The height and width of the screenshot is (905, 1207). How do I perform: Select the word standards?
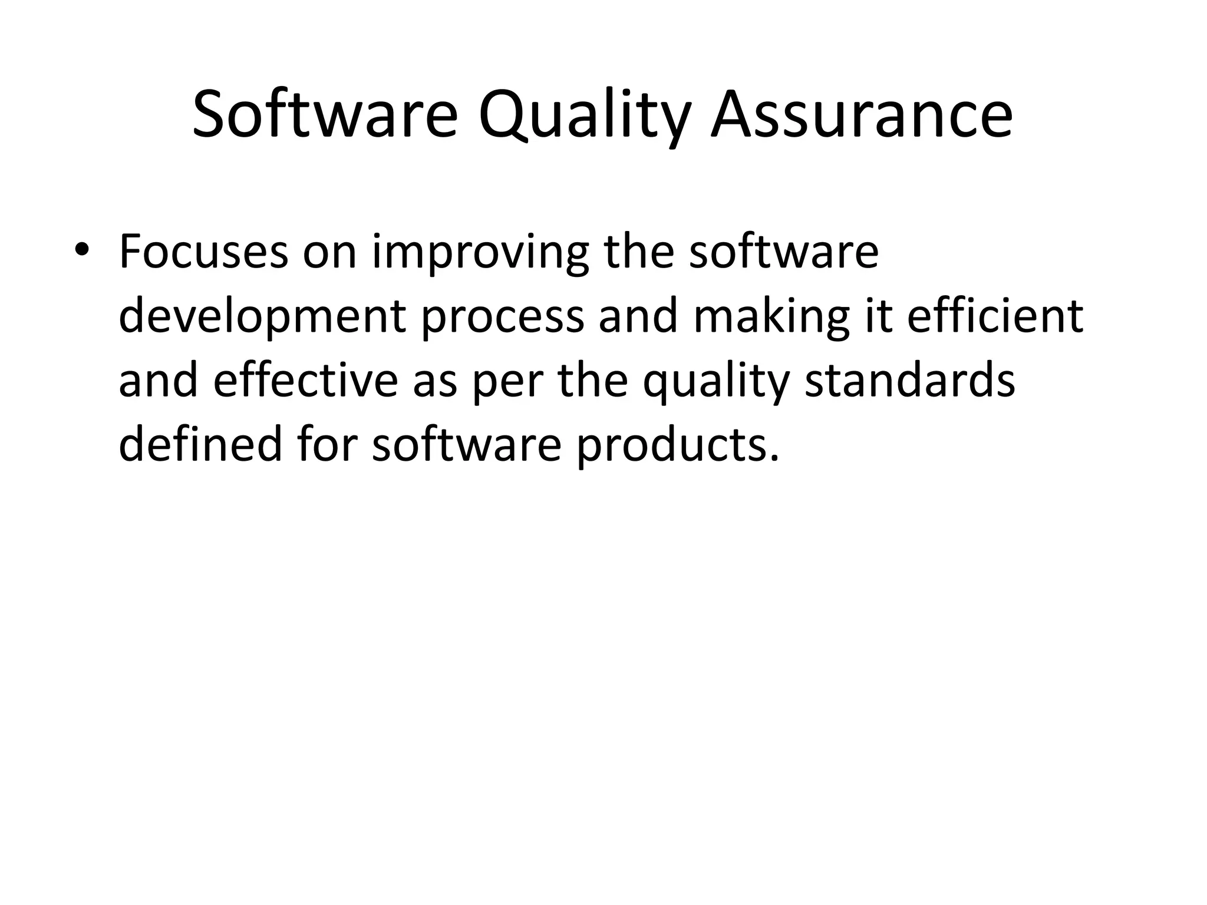910,381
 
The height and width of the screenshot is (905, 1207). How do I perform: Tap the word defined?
201,444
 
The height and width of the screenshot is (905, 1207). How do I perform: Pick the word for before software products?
327,444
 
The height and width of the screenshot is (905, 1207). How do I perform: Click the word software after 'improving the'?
783,252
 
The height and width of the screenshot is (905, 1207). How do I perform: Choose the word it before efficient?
878,316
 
